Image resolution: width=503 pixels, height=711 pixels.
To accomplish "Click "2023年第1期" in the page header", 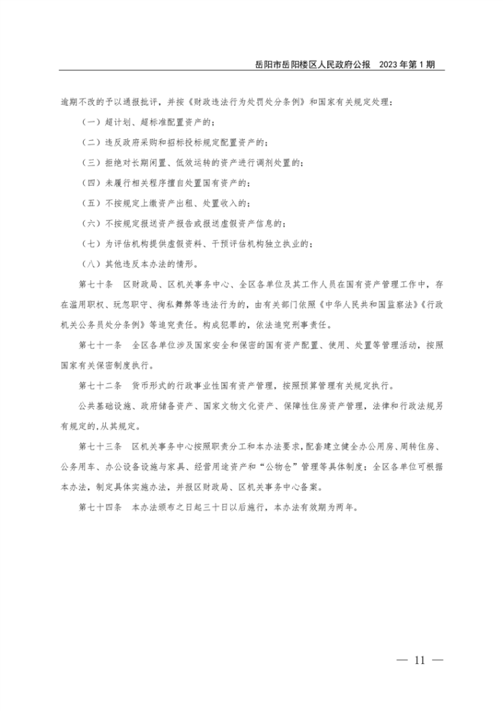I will coord(407,64).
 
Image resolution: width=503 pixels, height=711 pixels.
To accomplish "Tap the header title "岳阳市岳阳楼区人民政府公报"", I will coord(313,64).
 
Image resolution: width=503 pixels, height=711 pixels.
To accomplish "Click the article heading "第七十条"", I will coord(97,283).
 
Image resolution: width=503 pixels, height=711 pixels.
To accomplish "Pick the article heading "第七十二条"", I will coord(100,386).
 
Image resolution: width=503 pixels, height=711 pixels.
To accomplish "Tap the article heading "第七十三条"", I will coord(100,446).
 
